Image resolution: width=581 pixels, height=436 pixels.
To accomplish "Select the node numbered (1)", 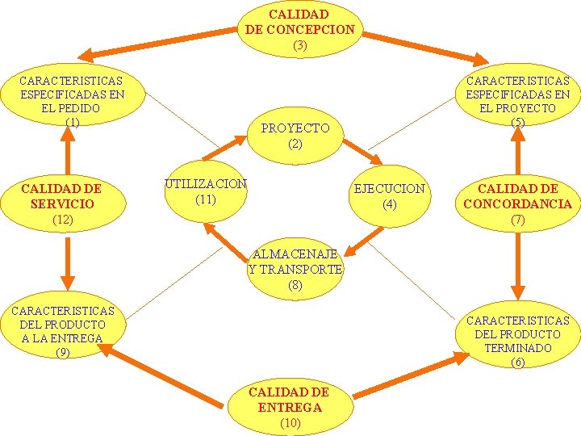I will tap(72, 97).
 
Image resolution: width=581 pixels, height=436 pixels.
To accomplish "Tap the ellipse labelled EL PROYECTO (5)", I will tap(517, 97).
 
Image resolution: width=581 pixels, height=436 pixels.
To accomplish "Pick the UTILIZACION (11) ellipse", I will tap(205, 192).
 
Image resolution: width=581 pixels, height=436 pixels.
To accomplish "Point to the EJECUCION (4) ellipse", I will tap(389, 196).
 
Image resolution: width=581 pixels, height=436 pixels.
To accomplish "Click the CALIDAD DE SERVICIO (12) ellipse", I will tap(62, 203).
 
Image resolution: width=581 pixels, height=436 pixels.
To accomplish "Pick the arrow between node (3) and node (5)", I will tap(424, 47).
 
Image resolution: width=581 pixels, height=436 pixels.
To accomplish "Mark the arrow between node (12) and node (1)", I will tap(66, 153).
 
